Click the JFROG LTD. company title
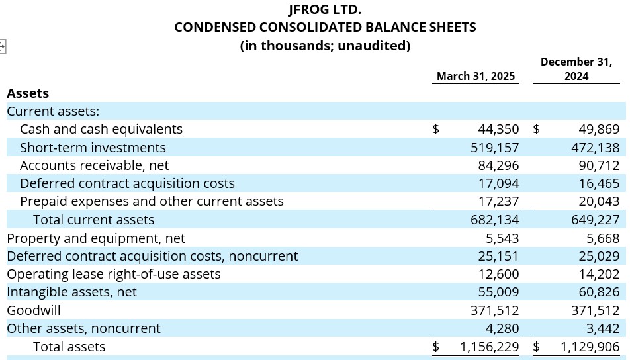point(325,9)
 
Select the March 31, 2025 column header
point(476,76)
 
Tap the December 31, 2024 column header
point(576,69)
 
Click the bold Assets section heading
point(28,93)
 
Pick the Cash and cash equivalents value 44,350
point(498,129)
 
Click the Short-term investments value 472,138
point(596,148)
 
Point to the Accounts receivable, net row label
point(95,165)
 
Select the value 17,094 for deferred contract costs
point(498,183)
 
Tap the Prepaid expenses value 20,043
point(599,201)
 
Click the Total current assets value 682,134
point(494,220)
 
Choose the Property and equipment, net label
point(96,238)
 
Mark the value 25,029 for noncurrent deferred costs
point(599,256)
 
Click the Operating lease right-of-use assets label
point(114,274)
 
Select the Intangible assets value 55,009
point(498,292)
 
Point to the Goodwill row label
point(34,310)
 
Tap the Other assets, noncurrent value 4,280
point(502,328)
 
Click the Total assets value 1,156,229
point(489,347)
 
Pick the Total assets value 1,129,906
point(590,347)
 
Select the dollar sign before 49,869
point(537,129)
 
